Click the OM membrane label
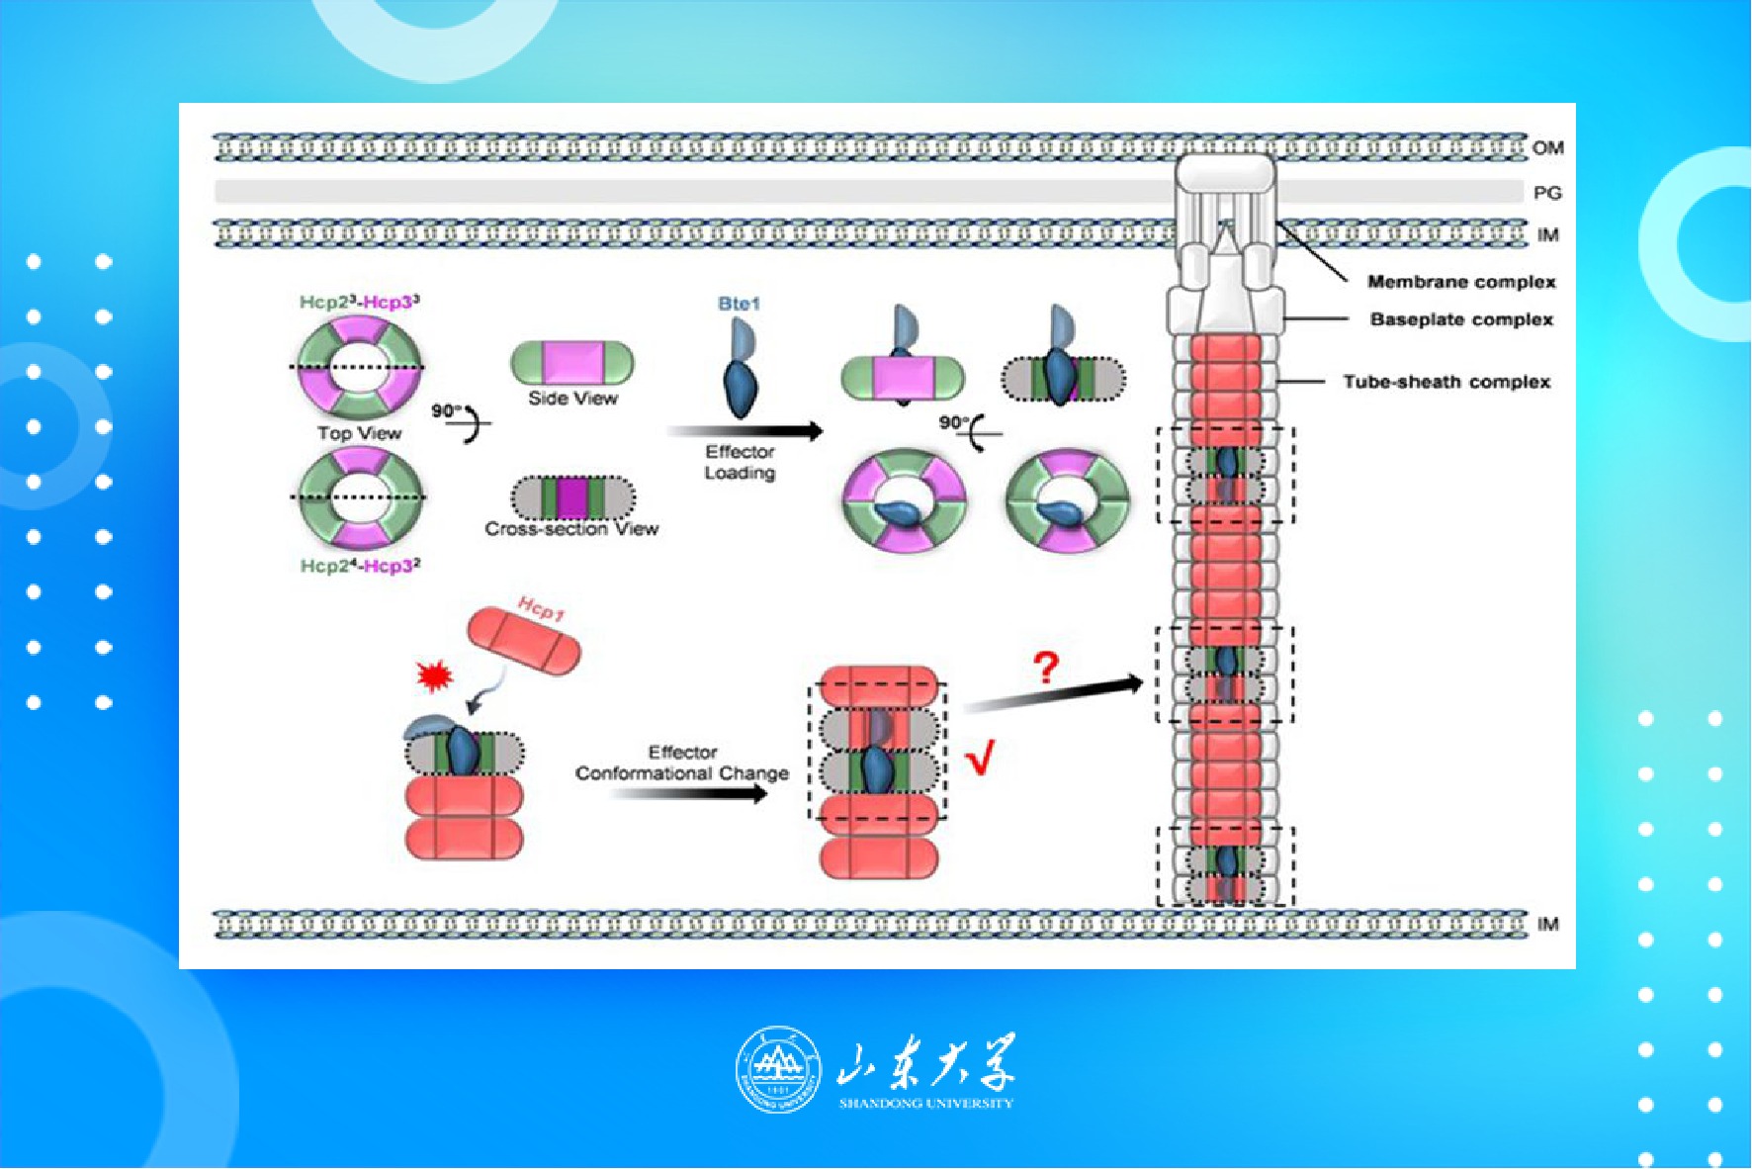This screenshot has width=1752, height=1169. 1547,148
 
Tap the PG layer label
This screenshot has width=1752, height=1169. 1547,193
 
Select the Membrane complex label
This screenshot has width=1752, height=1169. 1460,282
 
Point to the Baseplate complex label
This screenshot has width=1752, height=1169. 1460,319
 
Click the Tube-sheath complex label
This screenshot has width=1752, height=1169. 1445,382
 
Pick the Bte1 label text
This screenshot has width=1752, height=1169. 739,304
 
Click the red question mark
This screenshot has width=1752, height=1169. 1045,669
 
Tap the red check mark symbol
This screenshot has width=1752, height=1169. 979,761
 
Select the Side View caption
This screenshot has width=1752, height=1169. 572,399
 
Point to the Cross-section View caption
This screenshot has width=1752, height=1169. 571,529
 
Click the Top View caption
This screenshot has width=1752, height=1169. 359,433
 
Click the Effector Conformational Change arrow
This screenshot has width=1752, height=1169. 687,793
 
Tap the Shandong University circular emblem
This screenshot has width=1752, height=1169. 778,1069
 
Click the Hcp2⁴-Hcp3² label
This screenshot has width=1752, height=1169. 360,566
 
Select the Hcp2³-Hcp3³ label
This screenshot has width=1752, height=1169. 360,302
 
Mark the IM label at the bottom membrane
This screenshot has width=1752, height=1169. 1547,925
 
